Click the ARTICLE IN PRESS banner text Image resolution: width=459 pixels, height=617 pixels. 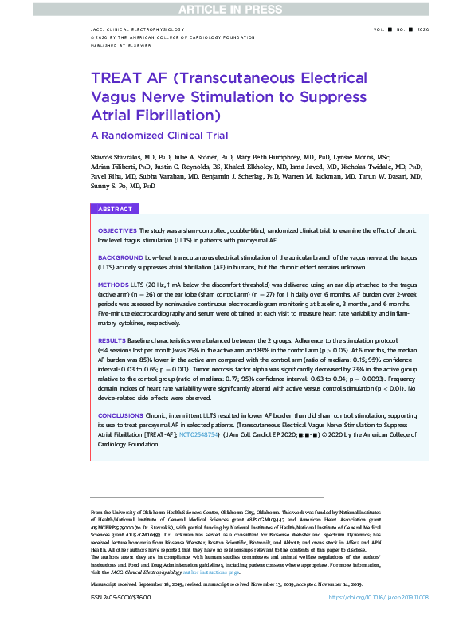click(x=229, y=9)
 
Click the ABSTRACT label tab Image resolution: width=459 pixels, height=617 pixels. click(x=115, y=209)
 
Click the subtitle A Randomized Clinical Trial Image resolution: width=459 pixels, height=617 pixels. click(x=159, y=136)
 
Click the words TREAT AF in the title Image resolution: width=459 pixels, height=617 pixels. click(x=127, y=79)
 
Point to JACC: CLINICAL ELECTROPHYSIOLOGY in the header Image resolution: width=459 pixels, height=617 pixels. click(x=138, y=29)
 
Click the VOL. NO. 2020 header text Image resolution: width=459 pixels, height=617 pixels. click(x=400, y=29)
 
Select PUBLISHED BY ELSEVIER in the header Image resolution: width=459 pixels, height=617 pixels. click(x=121, y=46)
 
